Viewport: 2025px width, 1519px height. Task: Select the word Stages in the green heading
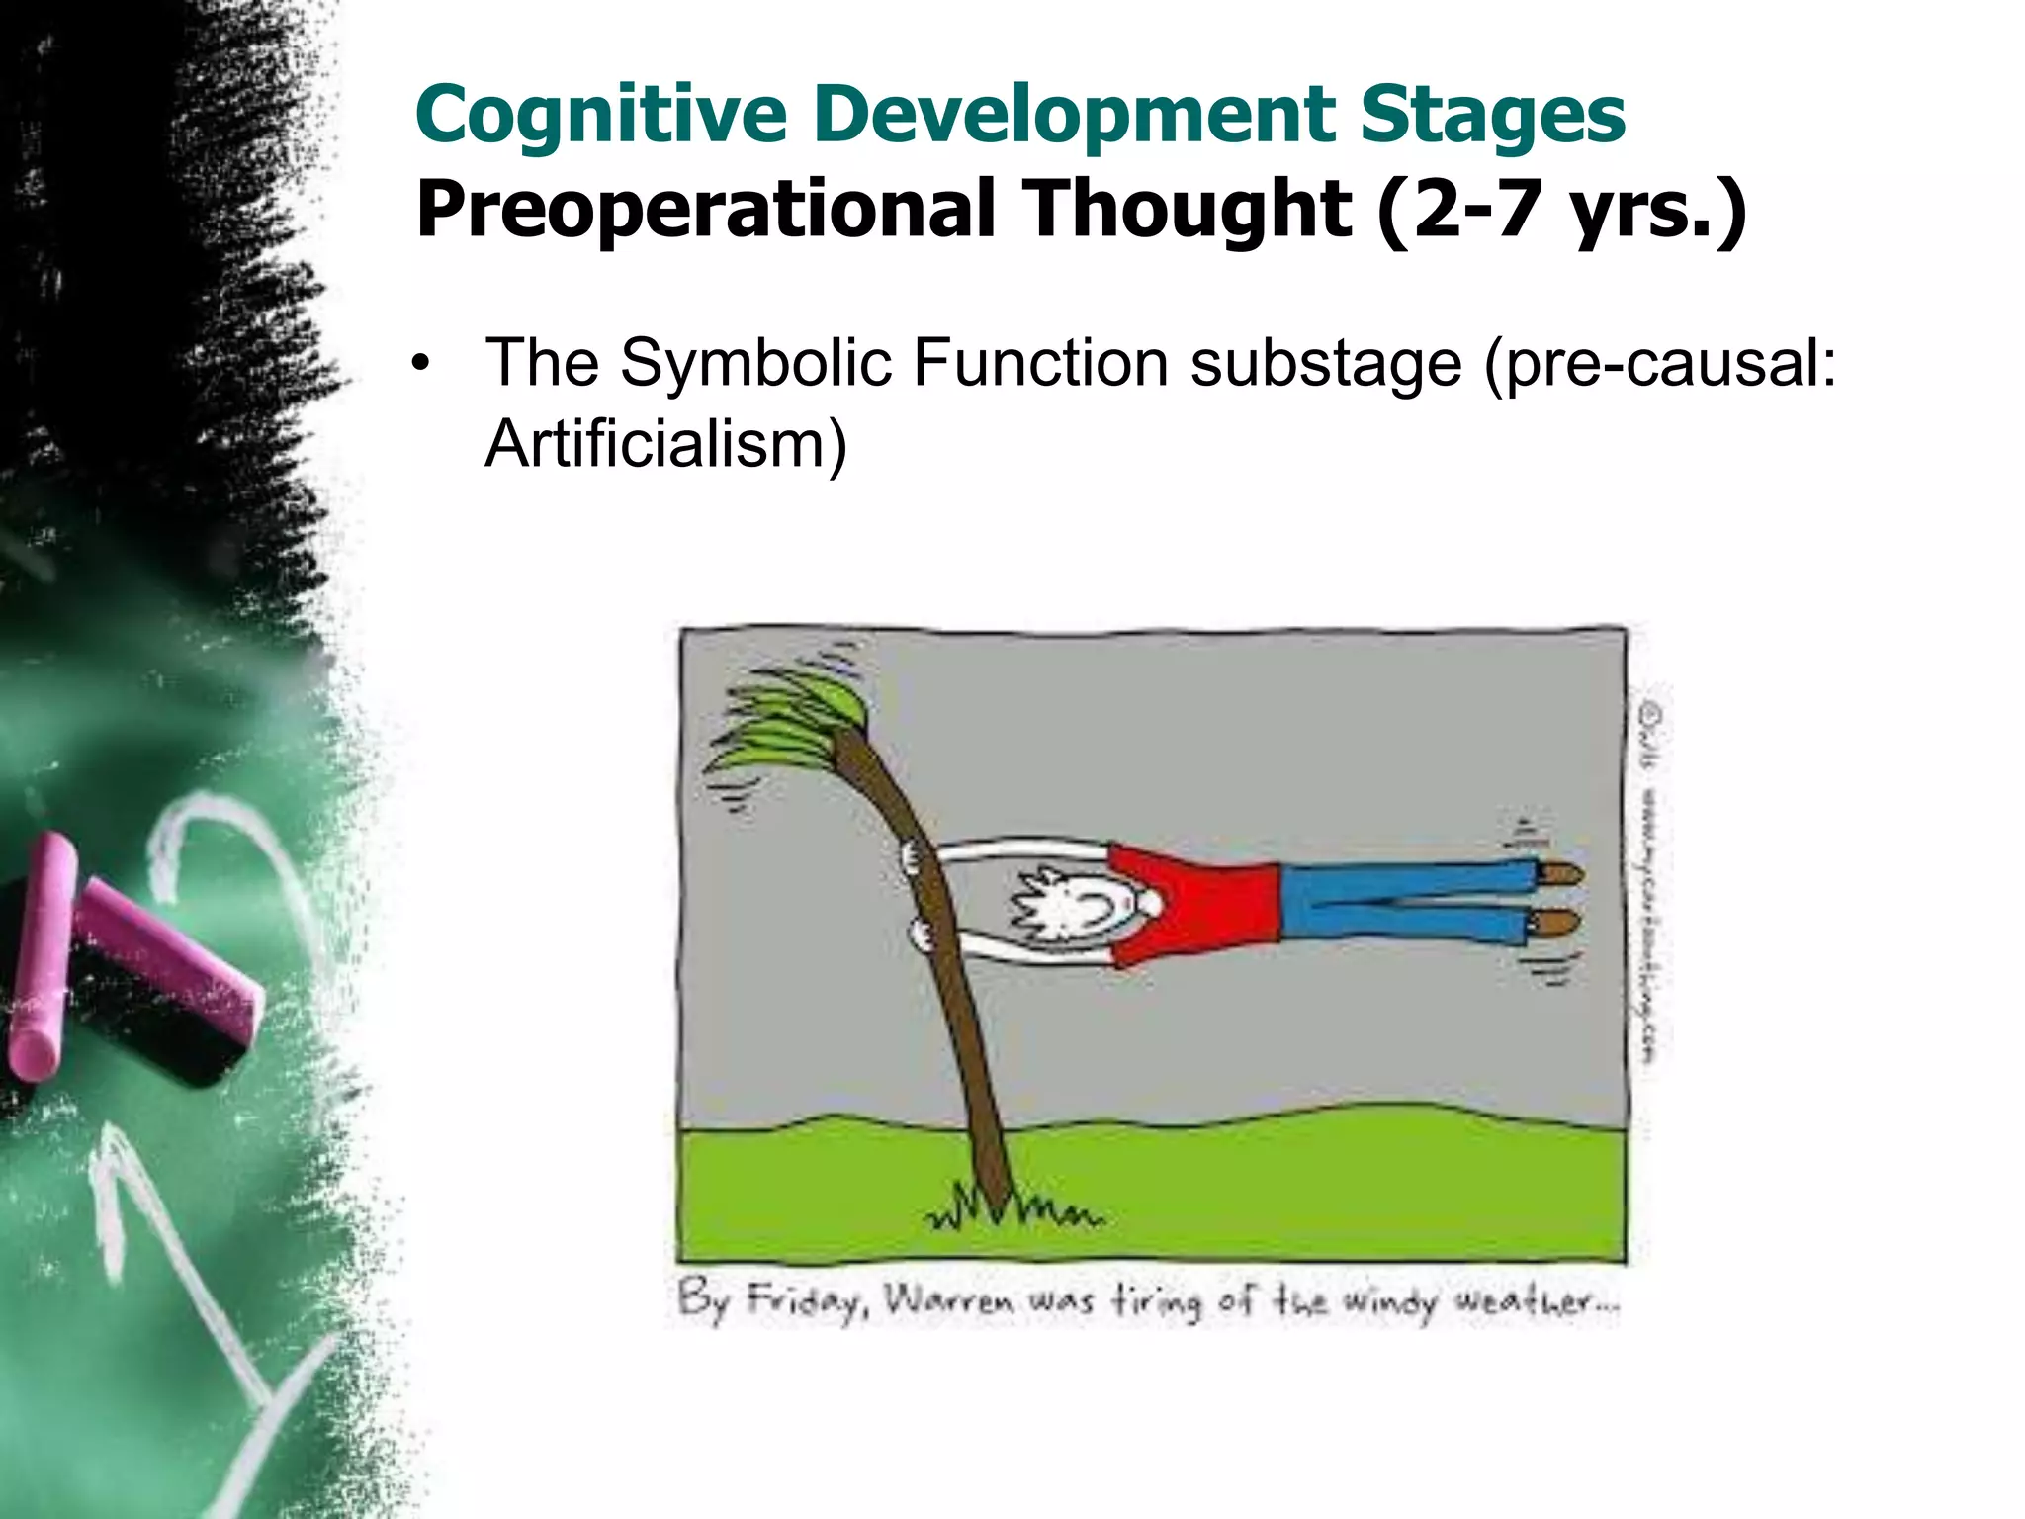tap(1491, 115)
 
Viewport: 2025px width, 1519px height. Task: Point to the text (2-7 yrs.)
tap(1562, 210)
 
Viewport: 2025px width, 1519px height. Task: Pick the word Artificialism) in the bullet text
tap(665, 444)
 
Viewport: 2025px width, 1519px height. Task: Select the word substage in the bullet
tap(1325, 363)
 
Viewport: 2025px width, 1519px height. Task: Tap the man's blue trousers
tap(1404, 900)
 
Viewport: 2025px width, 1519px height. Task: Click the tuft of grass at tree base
tap(1009, 1211)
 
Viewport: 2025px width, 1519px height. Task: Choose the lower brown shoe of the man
tap(1557, 925)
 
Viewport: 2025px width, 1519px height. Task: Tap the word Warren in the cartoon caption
tap(949, 1298)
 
